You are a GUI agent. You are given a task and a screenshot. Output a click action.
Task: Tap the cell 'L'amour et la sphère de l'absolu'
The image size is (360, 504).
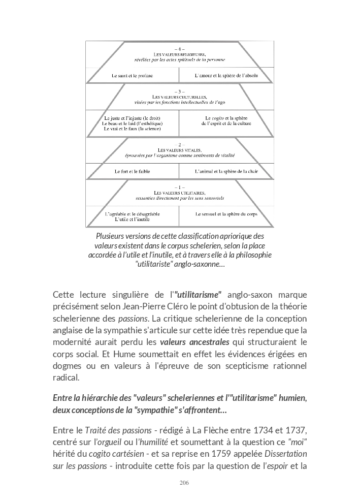coord(226,75)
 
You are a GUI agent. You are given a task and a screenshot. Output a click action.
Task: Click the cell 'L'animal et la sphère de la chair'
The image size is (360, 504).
coord(226,171)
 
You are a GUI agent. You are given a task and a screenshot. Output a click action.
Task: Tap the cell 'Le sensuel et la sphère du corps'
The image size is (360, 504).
coord(226,214)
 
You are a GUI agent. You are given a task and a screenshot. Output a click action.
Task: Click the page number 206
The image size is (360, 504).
coord(180,482)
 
